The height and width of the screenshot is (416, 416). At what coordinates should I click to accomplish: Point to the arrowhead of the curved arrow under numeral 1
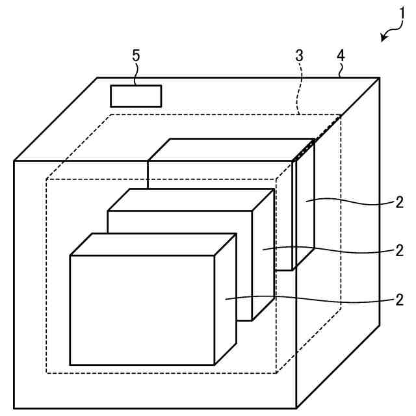[x=383, y=40]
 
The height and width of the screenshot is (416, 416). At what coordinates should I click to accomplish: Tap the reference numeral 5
[x=136, y=55]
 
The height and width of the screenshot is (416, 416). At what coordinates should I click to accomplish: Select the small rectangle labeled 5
[x=136, y=96]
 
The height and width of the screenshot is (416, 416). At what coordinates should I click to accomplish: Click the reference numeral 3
[x=299, y=55]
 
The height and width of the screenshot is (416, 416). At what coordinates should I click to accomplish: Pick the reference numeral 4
[x=340, y=55]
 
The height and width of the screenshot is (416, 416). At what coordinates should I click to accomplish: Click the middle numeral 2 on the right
[x=398, y=250]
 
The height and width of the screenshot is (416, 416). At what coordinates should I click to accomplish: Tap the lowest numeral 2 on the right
[x=398, y=300]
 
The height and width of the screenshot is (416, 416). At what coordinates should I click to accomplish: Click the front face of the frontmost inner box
[x=142, y=309]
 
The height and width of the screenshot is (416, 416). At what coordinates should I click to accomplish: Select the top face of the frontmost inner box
[x=153, y=244]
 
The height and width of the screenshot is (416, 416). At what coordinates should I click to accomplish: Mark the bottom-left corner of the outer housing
[x=14, y=408]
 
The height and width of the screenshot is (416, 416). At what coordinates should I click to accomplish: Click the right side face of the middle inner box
[x=263, y=260]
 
